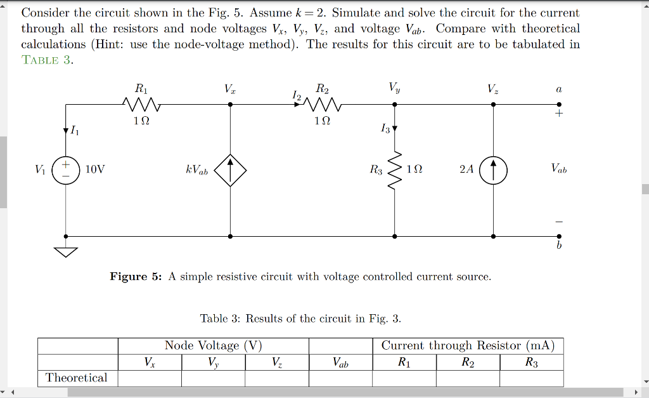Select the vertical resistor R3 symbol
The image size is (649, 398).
[395, 170]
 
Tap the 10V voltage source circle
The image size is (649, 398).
[65, 170]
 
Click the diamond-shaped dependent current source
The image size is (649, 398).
[230, 170]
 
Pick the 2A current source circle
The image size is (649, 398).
[494, 170]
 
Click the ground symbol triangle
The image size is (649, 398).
[65, 253]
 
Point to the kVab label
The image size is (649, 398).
[196, 170]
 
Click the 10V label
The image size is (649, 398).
[95, 169]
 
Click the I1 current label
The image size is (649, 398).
[75, 131]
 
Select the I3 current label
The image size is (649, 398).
[385, 129]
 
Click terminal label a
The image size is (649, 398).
[558, 91]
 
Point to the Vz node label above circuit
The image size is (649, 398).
[492, 89]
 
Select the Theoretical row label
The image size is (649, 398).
[77, 378]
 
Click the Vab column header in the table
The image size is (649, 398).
[340, 363]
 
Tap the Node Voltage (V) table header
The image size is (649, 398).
[213, 346]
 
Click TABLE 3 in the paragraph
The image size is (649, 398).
[48, 60]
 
